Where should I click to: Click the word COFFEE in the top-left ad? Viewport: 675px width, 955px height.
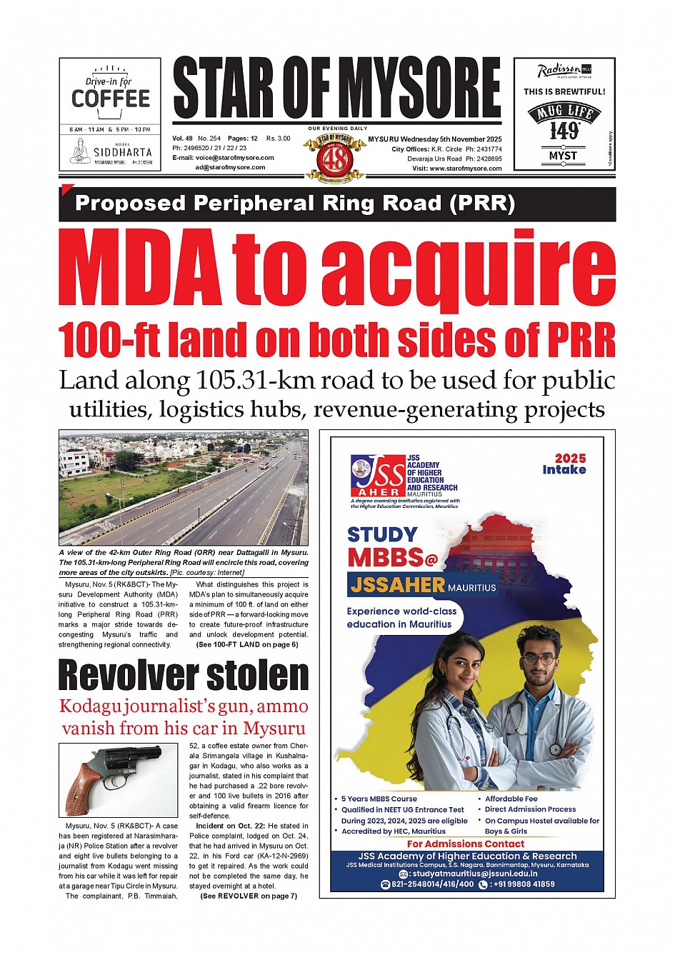[111, 99]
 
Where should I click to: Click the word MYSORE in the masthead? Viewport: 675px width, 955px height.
[419, 88]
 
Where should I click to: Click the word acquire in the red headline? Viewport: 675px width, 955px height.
[468, 268]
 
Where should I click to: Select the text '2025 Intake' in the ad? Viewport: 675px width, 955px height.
[564, 464]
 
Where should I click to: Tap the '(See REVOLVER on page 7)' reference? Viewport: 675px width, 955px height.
[248, 896]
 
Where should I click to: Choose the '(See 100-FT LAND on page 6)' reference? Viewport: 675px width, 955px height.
[246, 644]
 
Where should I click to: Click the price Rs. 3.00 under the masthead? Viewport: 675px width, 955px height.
[279, 139]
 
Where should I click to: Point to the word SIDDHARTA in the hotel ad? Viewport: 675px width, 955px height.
[123, 152]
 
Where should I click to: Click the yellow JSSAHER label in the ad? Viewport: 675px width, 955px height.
[398, 586]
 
